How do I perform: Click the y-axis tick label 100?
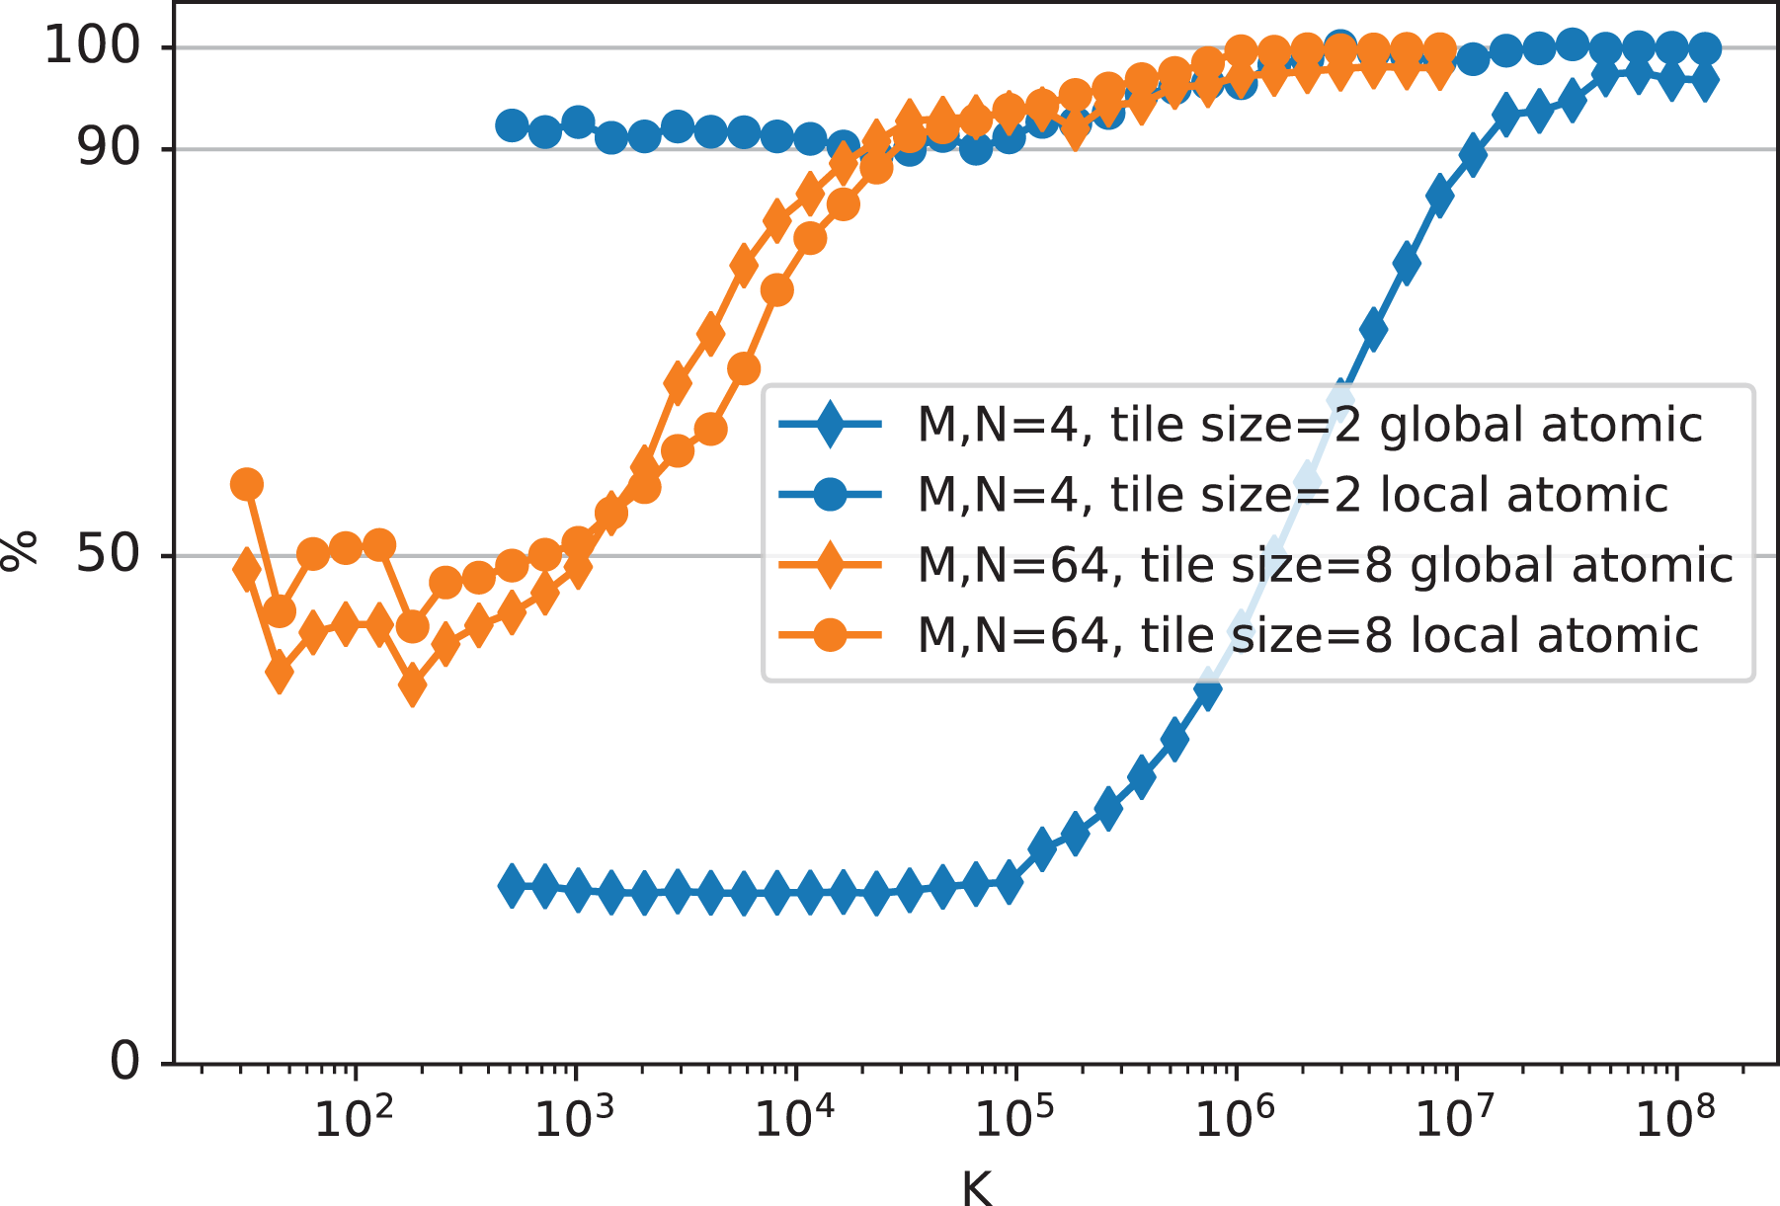[95, 45]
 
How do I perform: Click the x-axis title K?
[976, 1188]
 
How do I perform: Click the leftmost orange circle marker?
[247, 484]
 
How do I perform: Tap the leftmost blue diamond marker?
[512, 885]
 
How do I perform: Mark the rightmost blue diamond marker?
[1705, 81]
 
